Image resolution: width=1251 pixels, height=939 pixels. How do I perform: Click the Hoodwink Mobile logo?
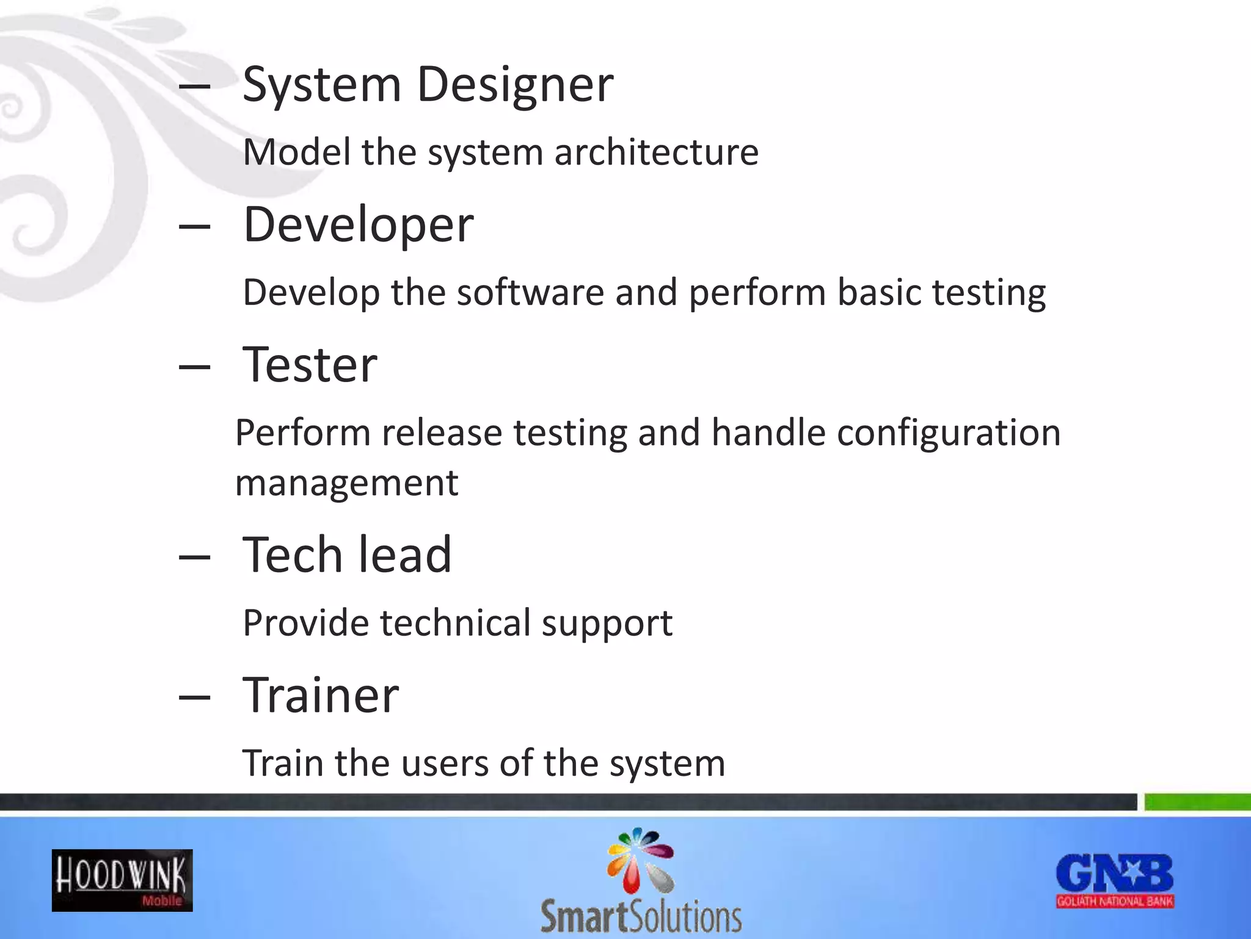coord(122,880)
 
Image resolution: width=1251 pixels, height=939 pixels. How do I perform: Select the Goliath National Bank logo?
coord(1115,880)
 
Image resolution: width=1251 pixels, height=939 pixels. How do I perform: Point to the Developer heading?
coord(358,224)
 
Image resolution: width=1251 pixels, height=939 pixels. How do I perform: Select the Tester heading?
coord(310,365)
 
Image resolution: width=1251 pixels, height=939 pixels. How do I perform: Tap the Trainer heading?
coord(321,695)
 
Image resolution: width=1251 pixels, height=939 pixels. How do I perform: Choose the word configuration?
coord(948,433)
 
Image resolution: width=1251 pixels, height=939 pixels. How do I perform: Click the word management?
coord(346,483)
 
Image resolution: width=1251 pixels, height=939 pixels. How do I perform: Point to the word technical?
coord(455,623)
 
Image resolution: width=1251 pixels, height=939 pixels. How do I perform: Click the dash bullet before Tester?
coord(194,367)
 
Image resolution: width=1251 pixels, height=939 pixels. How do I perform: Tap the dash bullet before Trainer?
coord(194,697)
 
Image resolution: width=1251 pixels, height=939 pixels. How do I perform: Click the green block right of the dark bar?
coord(1197,801)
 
